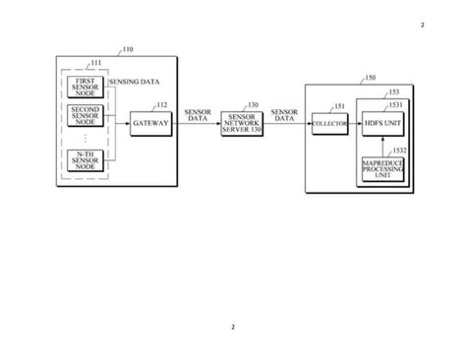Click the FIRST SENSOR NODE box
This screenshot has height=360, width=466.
(86, 87)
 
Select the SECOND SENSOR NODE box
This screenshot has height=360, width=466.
(86, 122)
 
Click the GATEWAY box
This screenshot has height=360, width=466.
(150, 123)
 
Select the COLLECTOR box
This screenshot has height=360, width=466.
(327, 123)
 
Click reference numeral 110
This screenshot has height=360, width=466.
(128, 47)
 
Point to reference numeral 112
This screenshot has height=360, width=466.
(161, 105)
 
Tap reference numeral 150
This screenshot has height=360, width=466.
(369, 77)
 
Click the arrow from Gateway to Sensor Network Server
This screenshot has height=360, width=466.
(196, 123)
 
